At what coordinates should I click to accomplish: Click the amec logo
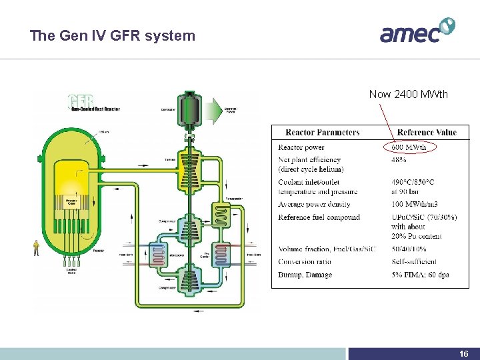point(417,31)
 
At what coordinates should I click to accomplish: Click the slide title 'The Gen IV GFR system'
point(113,36)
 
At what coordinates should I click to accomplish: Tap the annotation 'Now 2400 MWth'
point(409,95)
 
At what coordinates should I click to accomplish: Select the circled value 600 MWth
point(409,147)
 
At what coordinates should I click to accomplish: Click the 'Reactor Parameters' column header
point(323,132)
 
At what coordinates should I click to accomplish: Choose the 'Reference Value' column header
point(427,132)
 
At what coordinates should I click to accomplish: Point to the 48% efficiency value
point(399,160)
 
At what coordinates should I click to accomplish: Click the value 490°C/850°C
point(413,182)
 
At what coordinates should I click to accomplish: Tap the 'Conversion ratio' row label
point(305,261)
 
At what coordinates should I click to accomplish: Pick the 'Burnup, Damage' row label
point(305,275)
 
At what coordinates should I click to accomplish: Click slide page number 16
point(464,354)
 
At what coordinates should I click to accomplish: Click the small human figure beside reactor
point(36,248)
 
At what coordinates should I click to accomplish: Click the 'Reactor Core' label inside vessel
point(71,201)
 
